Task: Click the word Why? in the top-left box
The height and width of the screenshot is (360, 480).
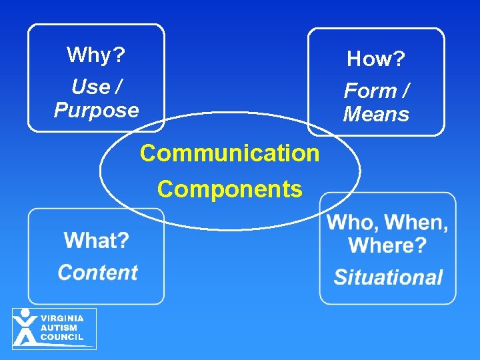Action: tap(96, 55)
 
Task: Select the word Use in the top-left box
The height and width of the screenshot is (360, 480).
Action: tap(89, 87)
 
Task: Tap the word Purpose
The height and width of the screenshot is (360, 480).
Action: tap(96, 110)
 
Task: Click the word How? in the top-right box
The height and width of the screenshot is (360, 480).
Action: tap(376, 59)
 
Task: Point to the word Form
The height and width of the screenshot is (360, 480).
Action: tap(369, 91)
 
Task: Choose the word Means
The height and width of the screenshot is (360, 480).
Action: tap(376, 114)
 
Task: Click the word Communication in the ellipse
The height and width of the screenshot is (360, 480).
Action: tap(229, 153)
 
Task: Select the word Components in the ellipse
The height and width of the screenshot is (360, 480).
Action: tap(229, 189)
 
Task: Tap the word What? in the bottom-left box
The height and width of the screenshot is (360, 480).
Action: tap(97, 240)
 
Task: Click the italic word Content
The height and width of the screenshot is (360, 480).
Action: tap(97, 272)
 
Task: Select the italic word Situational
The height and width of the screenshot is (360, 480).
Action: tap(388, 277)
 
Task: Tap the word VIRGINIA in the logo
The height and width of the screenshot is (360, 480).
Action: tap(62, 319)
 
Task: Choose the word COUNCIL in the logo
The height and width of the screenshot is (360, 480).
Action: tap(61, 337)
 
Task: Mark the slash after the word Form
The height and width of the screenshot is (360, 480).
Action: tap(405, 91)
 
